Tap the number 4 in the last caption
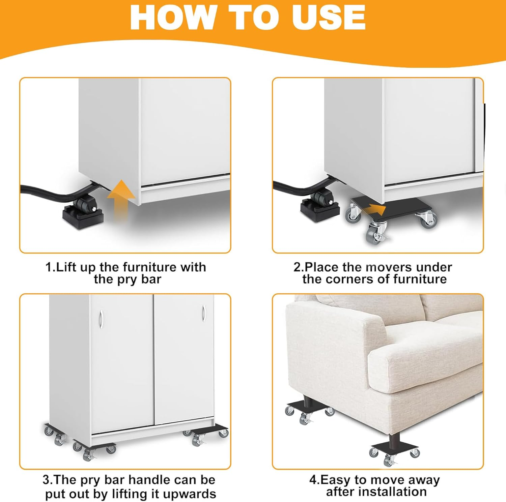click(312, 479)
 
